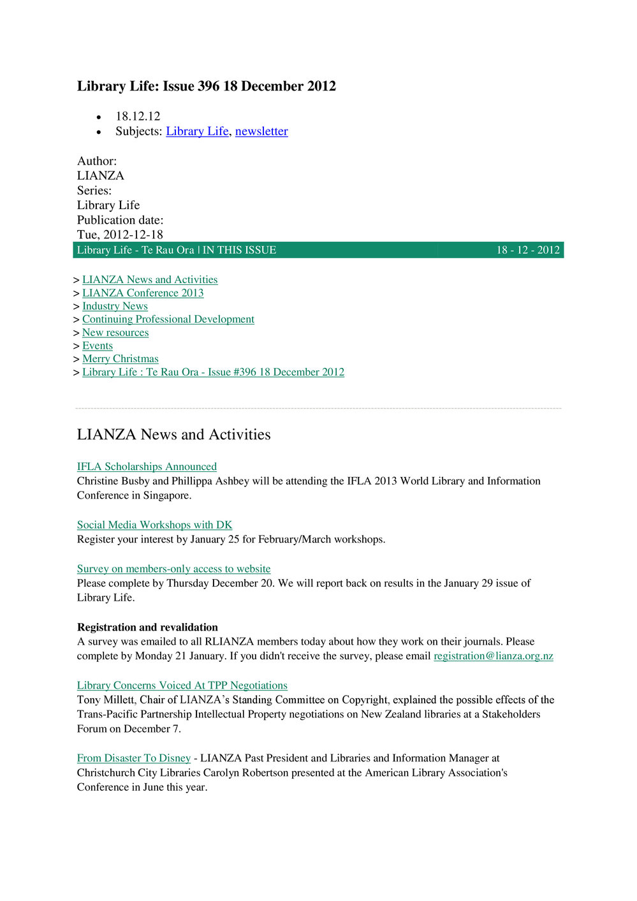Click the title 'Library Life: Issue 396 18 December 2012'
pyautogui.click(x=206, y=86)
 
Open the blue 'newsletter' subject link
pyautogui.click(x=261, y=131)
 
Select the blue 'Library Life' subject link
pyautogui.click(x=197, y=131)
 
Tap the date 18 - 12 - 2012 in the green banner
pyautogui.click(x=528, y=250)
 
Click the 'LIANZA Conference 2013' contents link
pyautogui.click(x=143, y=293)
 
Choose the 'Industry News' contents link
pyautogui.click(x=115, y=306)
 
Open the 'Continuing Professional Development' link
pyautogui.click(x=168, y=319)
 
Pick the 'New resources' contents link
pyautogui.click(x=115, y=333)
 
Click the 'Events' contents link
pyautogui.click(x=98, y=346)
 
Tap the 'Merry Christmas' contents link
pyautogui.click(x=121, y=359)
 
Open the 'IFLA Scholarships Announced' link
pyautogui.click(x=147, y=467)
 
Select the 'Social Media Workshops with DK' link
pyautogui.click(x=154, y=525)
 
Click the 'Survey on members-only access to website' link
pyautogui.click(x=173, y=569)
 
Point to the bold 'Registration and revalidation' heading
pyautogui.click(x=147, y=627)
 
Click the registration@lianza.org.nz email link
pyautogui.click(x=494, y=656)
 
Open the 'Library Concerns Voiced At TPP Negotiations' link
pyautogui.click(x=182, y=685)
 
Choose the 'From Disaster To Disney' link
pyautogui.click(x=134, y=758)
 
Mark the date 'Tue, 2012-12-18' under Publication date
pyautogui.click(x=120, y=235)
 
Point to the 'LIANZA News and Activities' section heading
pyautogui.click(x=173, y=435)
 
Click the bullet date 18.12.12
pyautogui.click(x=138, y=116)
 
